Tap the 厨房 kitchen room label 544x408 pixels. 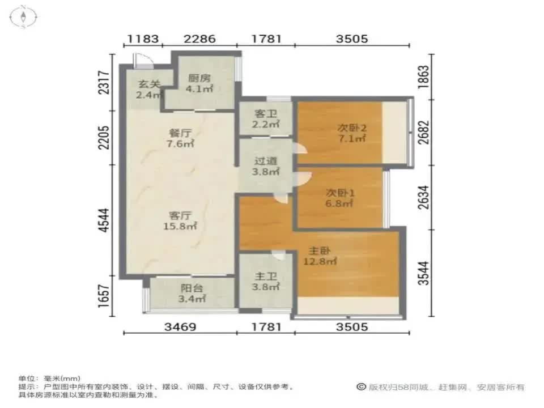pyautogui.click(x=197, y=78)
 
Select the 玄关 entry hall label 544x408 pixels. pyautogui.click(x=148, y=84)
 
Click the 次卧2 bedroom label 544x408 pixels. pyautogui.click(x=352, y=128)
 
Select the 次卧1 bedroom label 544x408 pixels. pyautogui.click(x=340, y=192)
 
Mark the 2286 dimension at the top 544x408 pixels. pyautogui.click(x=199, y=39)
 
